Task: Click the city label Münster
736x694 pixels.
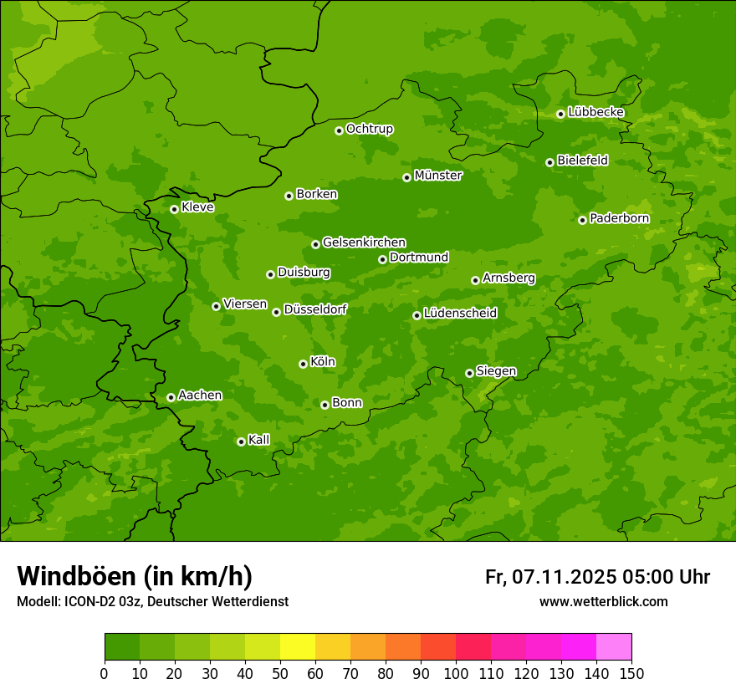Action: click(x=437, y=176)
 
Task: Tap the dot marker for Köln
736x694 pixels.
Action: click(x=303, y=364)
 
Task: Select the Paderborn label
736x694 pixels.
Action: click(x=619, y=218)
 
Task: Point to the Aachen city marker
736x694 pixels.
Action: click(x=171, y=397)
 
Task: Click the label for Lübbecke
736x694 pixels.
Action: click(x=595, y=112)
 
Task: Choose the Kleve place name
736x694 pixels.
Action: click(x=197, y=207)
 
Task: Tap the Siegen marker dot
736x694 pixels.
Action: click(x=469, y=373)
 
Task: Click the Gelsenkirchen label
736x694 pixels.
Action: click(x=364, y=242)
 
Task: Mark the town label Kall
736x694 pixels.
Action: click(x=258, y=440)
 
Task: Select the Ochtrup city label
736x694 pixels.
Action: click(x=369, y=129)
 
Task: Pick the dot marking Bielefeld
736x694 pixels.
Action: click(x=549, y=162)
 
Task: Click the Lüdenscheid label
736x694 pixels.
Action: click(x=460, y=314)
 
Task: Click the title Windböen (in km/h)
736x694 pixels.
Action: click(x=135, y=576)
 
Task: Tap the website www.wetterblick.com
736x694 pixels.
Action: click(x=603, y=601)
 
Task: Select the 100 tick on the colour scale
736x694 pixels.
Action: click(x=456, y=673)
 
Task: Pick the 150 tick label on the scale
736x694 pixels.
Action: click(x=631, y=673)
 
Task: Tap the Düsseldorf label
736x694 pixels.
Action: click(x=314, y=309)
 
